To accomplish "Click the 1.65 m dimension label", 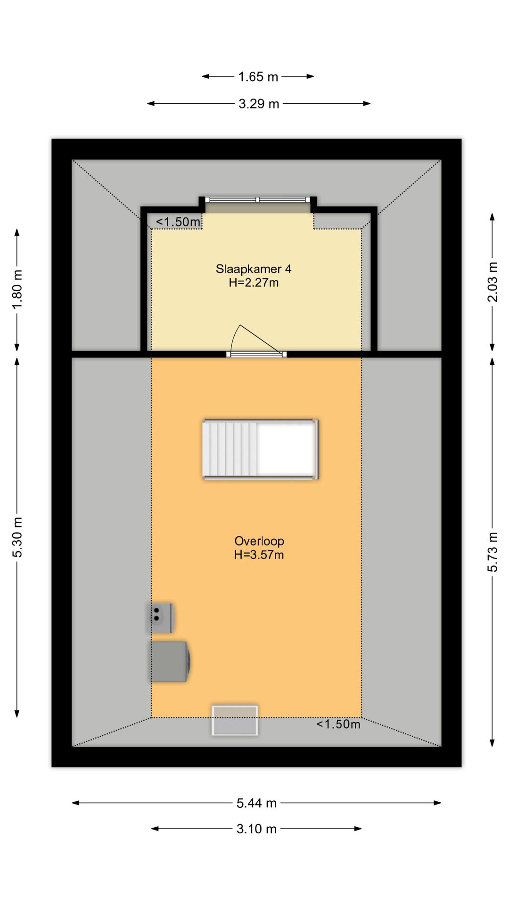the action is coord(258,76).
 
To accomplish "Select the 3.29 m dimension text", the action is coord(259,104).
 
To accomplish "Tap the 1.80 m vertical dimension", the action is coord(17,289).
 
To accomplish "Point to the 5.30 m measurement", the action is coord(17,537).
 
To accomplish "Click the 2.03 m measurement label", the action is coord(493,281).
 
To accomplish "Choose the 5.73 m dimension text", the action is coord(493,552).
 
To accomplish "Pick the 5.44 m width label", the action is coord(256,803).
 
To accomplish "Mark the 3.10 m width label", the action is coord(256,829).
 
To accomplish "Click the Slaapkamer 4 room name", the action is coord(254,269).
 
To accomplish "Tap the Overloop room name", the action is coord(259,541).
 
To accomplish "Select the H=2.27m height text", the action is coord(254,283).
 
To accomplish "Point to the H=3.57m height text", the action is coord(259,555).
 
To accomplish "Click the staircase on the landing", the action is coord(261,449).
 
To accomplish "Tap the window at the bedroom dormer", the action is coord(258,199).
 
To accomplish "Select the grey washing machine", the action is coord(170,661).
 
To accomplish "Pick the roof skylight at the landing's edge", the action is coord(235,720).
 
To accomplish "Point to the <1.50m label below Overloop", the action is coord(338,724).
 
